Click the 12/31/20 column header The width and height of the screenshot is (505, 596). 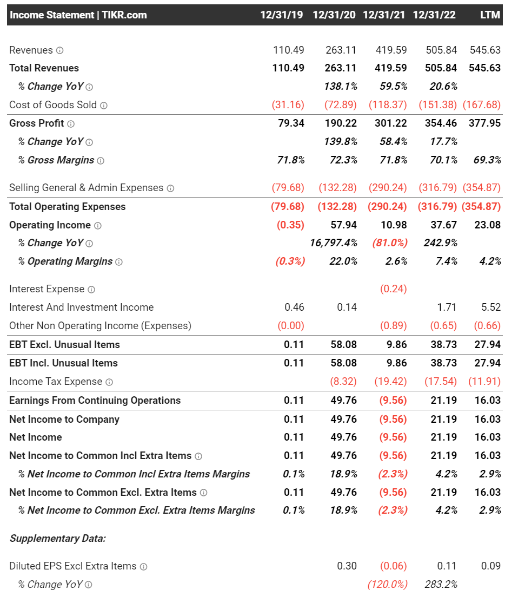[334, 15]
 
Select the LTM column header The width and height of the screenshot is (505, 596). [490, 15]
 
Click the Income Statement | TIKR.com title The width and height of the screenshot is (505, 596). [78, 15]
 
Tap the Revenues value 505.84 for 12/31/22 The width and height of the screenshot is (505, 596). [441, 50]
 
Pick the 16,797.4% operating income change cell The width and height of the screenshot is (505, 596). [334, 243]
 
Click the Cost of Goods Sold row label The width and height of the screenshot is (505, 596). [53, 105]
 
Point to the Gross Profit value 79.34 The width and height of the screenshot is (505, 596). [291, 123]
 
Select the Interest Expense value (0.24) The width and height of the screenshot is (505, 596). [393, 289]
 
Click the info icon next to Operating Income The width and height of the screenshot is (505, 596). [98, 225]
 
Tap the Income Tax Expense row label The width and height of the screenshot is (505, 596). [56, 382]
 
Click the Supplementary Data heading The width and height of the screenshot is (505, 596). [57, 539]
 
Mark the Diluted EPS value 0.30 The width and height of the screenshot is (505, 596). [347, 566]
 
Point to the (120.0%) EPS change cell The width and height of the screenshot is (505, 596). [387, 585]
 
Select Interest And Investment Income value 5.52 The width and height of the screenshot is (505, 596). [491, 307]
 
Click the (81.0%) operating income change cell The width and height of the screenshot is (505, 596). [389, 243]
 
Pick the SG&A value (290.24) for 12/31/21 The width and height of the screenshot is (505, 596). [388, 188]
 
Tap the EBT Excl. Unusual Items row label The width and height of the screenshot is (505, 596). [64, 345]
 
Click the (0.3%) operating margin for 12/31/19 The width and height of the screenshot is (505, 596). [290, 261]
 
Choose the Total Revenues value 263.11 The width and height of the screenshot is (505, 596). [341, 68]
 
